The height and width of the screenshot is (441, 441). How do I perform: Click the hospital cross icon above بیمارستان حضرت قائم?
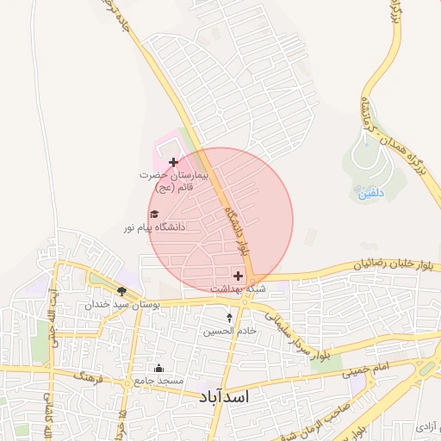pos(174,161)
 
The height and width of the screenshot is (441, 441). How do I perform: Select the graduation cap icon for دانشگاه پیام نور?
pos(154,214)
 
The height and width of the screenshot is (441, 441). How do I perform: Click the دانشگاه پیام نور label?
pos(154,227)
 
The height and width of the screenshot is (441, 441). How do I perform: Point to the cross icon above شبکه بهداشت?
pos(239,276)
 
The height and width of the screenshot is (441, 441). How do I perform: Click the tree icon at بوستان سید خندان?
pos(121,291)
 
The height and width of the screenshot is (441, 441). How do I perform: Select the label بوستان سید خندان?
pos(112,305)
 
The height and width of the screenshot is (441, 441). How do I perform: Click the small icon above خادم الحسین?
pos(229,318)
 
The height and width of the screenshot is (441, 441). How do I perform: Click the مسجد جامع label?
pos(159,380)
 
